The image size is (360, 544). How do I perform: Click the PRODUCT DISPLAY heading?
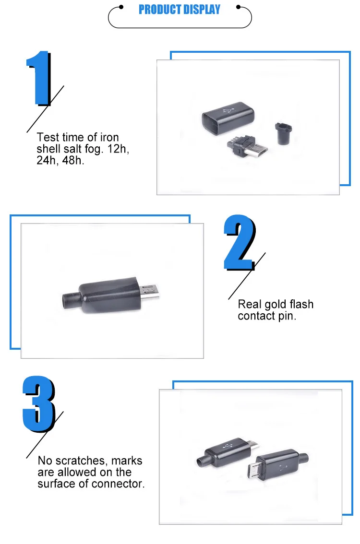[180, 10]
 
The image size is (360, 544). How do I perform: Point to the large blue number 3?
[39, 404]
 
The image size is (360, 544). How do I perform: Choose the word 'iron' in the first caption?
[108, 137]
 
